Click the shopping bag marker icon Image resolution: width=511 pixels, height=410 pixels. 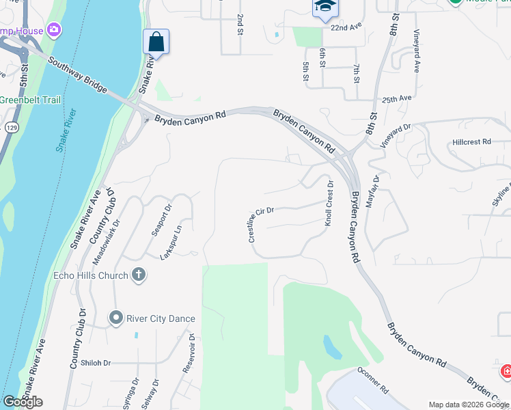(156, 42)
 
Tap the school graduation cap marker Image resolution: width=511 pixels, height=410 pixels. (325, 8)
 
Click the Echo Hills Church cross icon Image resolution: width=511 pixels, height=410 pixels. (139, 275)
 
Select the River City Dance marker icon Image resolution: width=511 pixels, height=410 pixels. (115, 318)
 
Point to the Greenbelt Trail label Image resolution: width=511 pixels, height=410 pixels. (30, 100)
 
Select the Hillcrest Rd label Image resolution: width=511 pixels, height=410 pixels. (471, 141)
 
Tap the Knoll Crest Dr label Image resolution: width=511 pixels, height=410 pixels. (330, 204)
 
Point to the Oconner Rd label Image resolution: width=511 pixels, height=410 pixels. (372, 381)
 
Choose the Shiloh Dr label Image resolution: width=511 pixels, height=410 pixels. (96, 363)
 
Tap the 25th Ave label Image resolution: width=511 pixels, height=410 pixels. (397, 98)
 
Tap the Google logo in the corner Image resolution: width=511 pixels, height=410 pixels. (22, 402)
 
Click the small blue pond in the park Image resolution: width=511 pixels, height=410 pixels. (332, 347)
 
